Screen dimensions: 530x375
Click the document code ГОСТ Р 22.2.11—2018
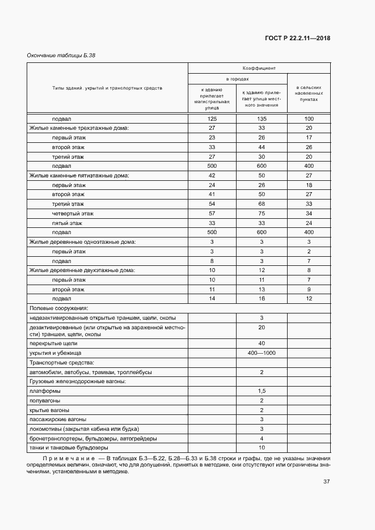point(297,39)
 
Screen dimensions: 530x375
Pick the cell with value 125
point(212,118)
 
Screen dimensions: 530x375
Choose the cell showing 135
point(262,118)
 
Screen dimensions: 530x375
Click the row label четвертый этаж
point(73,213)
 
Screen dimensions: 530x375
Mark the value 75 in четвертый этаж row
point(262,213)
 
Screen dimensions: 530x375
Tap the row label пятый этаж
point(68,223)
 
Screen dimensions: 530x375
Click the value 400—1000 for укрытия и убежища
point(262,353)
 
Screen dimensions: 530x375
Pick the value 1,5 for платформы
point(262,391)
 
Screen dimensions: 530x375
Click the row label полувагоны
point(44,400)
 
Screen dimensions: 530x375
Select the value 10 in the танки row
point(262,448)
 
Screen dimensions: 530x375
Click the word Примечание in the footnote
point(64,457)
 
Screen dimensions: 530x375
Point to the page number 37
point(326,482)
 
